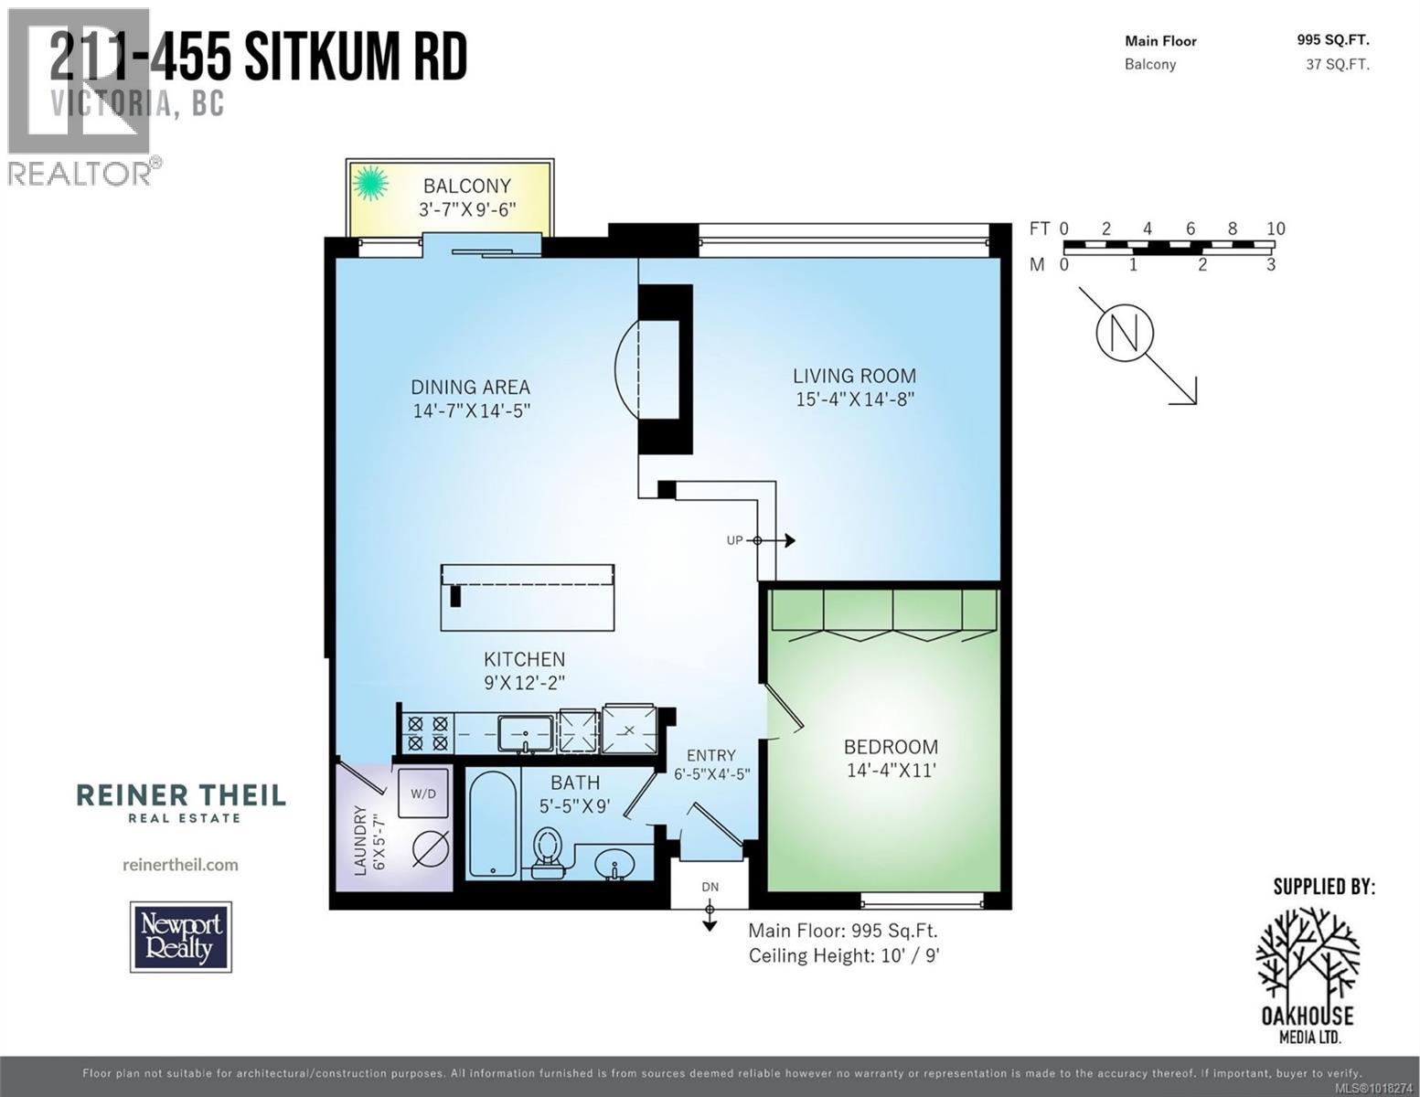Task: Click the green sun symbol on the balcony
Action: point(370,185)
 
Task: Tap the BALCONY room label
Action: point(466,186)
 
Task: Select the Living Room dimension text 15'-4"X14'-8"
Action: point(854,399)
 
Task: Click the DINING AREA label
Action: point(470,387)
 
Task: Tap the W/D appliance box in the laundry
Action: point(423,793)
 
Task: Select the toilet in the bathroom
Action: point(548,851)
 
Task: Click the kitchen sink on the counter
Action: point(525,732)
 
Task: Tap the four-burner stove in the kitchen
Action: point(427,733)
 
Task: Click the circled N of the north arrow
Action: point(1125,334)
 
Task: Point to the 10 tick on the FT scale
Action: point(1275,229)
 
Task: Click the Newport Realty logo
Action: point(181,937)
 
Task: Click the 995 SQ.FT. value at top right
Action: point(1332,39)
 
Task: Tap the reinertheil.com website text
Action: point(180,864)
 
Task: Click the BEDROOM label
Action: point(891,747)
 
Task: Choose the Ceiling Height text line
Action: point(844,956)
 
